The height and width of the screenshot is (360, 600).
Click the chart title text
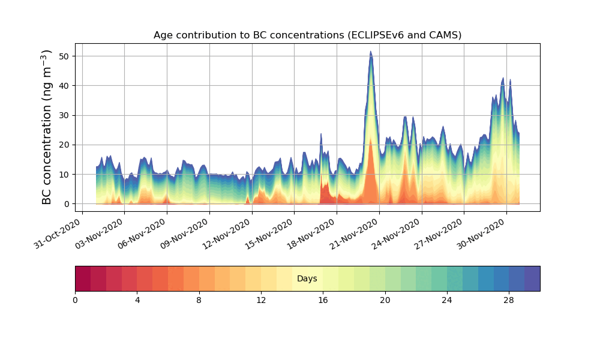(x=307, y=35)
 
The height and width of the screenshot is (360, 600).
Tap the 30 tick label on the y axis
(x=63, y=115)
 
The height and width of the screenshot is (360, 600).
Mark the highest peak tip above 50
(x=371, y=52)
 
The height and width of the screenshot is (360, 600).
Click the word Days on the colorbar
(x=307, y=279)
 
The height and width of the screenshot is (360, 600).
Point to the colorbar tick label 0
(x=75, y=300)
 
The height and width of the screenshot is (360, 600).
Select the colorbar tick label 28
(x=509, y=300)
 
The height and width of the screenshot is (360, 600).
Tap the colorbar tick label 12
(x=261, y=300)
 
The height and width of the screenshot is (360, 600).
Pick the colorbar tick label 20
(x=385, y=300)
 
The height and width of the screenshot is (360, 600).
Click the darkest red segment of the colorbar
(x=83, y=278)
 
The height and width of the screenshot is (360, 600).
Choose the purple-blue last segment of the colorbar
(x=532, y=278)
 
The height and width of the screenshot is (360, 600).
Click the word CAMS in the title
(x=442, y=35)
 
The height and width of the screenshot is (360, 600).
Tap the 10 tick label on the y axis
(x=63, y=175)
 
